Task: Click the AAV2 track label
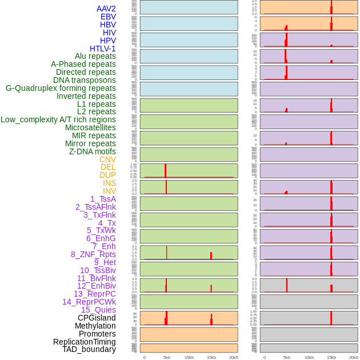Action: coord(106,9)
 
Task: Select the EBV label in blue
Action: coord(108,17)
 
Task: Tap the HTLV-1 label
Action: coord(102,49)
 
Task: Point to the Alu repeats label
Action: coord(95,56)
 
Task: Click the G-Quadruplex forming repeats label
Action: coord(61,88)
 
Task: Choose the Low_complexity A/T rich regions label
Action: coord(58,119)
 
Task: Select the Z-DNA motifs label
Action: coord(92,151)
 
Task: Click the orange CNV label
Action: coord(107,159)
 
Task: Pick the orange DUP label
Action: coord(107,175)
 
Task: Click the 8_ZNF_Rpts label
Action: coord(93,254)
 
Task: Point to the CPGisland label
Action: coord(97,318)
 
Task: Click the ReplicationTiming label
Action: coord(85,342)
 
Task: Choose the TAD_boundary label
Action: coord(89,349)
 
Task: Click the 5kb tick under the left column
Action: coord(167,357)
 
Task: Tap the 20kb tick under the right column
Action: coord(354,357)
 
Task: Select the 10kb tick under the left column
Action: coord(189,357)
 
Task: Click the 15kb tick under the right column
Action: coord(331,357)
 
